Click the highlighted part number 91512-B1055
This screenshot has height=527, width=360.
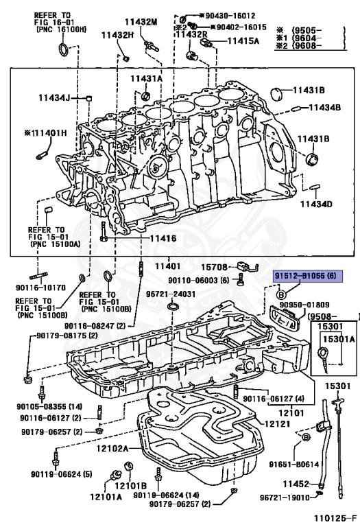click(x=306, y=277)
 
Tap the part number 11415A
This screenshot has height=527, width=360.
click(x=235, y=40)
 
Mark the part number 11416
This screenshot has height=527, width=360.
click(x=159, y=239)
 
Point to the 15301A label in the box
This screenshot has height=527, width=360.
click(x=340, y=339)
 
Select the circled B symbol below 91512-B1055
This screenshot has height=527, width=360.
click(x=282, y=294)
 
